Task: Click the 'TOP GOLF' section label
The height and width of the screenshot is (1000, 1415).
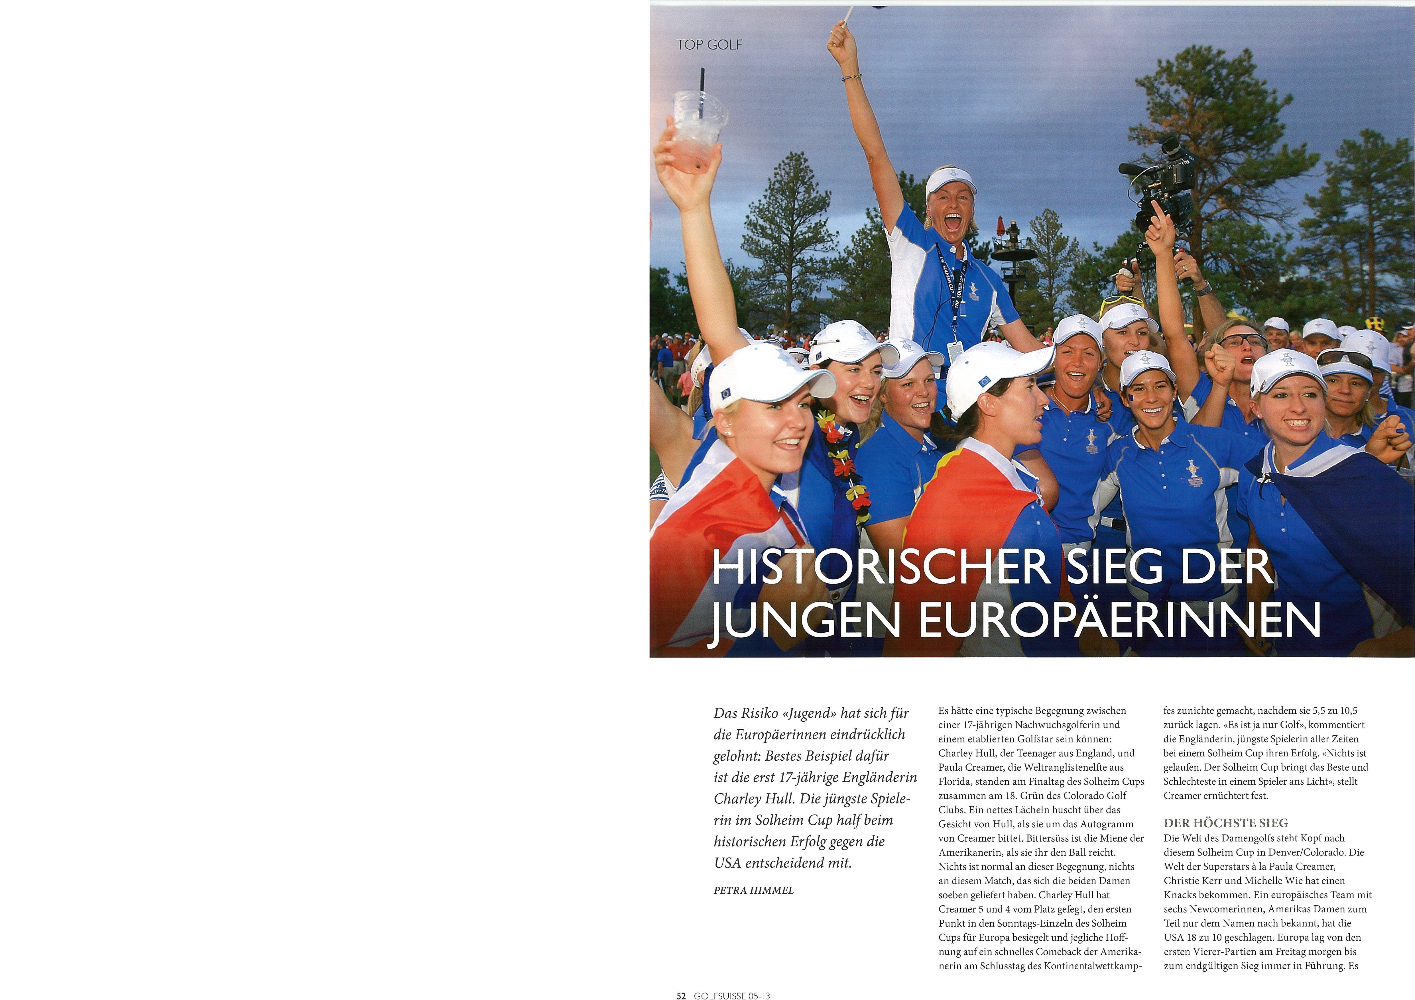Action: (x=709, y=45)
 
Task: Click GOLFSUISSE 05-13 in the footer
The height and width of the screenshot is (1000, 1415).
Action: (x=732, y=995)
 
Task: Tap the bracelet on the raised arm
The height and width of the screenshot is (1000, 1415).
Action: (x=852, y=77)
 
